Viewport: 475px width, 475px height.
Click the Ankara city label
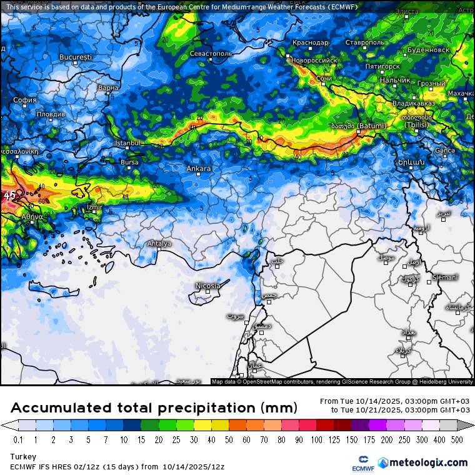point(199,169)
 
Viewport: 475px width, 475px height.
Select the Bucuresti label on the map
point(76,57)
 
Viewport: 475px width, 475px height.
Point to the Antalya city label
point(159,243)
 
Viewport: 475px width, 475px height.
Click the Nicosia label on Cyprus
point(208,286)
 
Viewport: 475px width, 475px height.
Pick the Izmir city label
point(94,207)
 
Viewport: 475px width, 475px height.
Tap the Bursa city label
point(129,162)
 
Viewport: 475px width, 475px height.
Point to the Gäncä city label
point(444,150)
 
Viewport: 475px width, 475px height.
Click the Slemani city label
point(445,277)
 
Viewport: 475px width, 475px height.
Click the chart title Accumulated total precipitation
point(154,408)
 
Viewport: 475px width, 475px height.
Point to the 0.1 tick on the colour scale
point(19,439)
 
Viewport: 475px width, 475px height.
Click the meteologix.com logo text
point(428,462)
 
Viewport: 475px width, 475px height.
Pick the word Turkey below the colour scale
point(23,457)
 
